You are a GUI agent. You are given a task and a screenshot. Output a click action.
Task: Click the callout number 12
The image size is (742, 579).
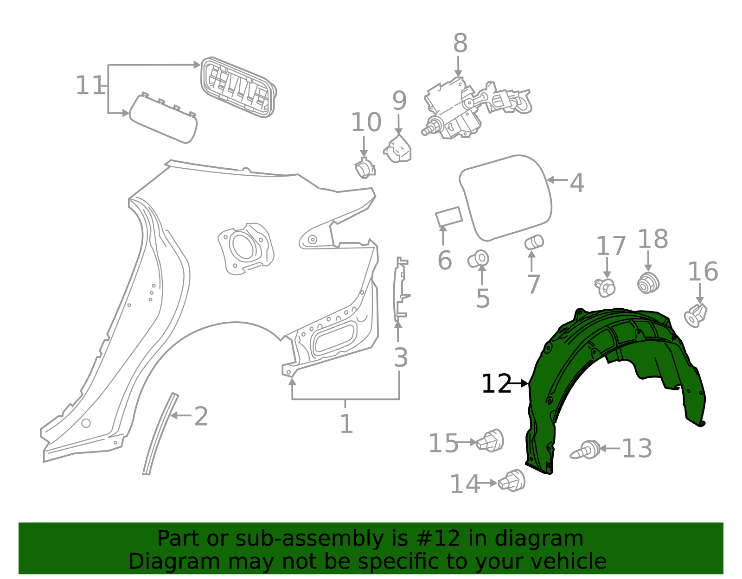[x=496, y=384]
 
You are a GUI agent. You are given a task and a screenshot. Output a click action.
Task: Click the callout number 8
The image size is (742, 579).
[x=460, y=44]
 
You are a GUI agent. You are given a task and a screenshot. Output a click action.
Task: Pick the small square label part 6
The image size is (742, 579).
[x=448, y=216]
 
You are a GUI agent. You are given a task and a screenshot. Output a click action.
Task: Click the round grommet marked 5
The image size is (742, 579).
[x=479, y=259]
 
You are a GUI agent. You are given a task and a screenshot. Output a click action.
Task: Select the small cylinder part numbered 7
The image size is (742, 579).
[x=534, y=242]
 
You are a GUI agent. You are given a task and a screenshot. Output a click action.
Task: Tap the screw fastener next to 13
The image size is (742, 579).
[x=586, y=450]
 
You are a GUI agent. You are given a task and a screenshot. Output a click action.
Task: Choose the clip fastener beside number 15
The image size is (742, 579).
[x=491, y=440]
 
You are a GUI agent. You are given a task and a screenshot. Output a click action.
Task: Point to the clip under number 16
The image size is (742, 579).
[x=695, y=316]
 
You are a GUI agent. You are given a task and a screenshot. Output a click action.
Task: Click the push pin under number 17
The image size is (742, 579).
[x=606, y=287]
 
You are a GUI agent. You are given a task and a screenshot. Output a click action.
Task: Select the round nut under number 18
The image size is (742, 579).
[x=648, y=283]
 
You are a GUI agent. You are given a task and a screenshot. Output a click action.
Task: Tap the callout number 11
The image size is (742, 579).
[x=90, y=86]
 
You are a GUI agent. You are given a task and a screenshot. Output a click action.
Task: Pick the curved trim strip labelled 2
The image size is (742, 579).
[x=160, y=433]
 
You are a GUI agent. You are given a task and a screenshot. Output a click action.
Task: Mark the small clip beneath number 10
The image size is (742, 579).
[x=365, y=168]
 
